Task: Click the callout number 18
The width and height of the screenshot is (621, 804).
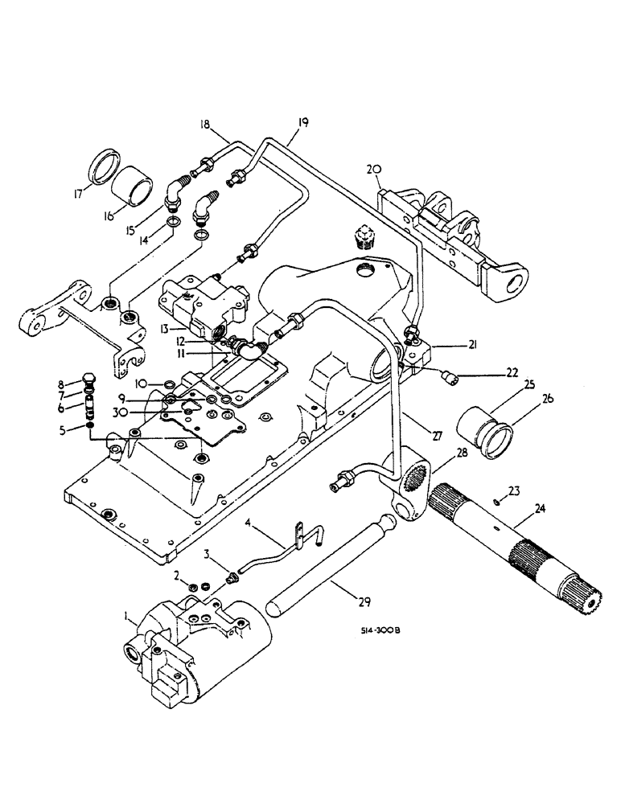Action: click(204, 125)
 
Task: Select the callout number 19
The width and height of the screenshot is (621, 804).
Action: click(302, 122)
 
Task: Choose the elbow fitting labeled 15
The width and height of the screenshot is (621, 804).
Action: click(176, 192)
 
